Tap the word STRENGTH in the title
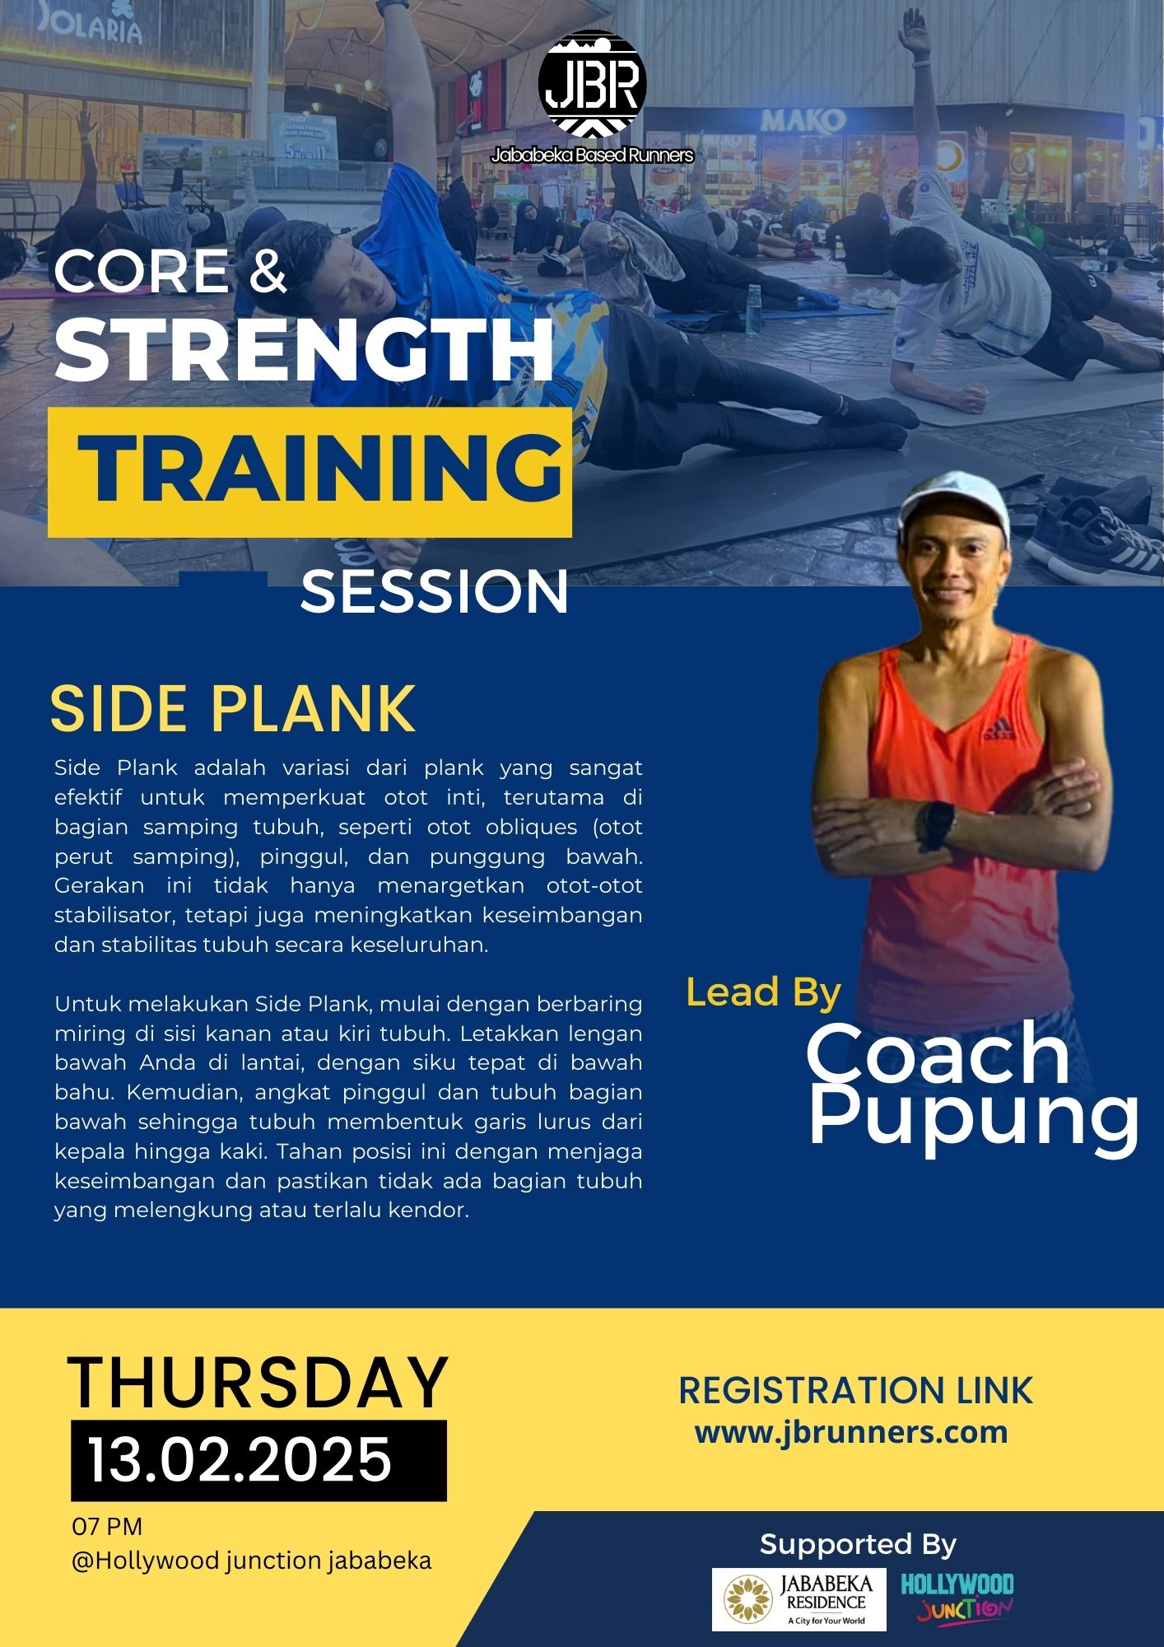(x=305, y=350)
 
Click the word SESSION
(x=435, y=591)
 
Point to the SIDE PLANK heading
(x=233, y=708)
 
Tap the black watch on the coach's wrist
(x=938, y=825)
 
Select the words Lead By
(x=763, y=992)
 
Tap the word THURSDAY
(x=258, y=1383)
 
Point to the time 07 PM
(x=107, y=1526)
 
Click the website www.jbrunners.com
(x=851, y=1432)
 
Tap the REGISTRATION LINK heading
(x=855, y=1390)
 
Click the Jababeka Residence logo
(x=799, y=1599)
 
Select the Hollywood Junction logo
(x=957, y=1598)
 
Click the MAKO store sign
(x=803, y=122)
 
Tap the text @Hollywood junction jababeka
(x=252, y=1561)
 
